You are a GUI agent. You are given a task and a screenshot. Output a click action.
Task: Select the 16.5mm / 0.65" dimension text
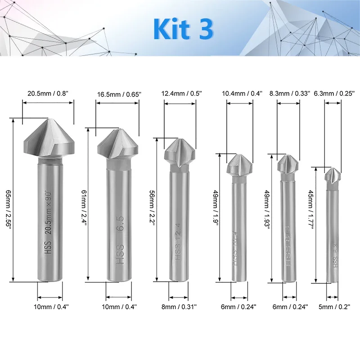(x=119, y=95)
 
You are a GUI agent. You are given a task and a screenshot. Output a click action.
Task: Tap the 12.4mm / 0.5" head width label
(x=182, y=94)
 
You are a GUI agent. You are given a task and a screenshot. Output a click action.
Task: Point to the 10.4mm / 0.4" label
(x=242, y=94)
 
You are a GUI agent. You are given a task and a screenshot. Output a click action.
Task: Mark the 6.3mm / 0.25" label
(x=333, y=94)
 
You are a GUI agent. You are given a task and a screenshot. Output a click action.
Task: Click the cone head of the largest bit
(x=48, y=137)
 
